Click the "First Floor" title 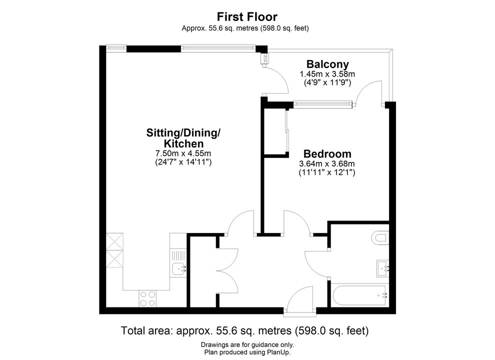(x=247, y=16)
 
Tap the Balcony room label (x=327, y=64)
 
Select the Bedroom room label (x=327, y=154)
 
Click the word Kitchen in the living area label (x=183, y=143)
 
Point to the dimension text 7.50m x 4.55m (x=183, y=153)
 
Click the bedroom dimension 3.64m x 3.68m (x=327, y=164)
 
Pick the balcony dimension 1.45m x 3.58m (x=327, y=74)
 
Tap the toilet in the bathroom (x=380, y=238)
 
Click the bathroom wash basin (x=382, y=268)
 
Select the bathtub (x=359, y=295)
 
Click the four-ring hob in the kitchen (x=147, y=298)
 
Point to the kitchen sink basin (x=178, y=269)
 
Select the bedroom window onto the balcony (x=322, y=104)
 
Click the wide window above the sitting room (x=218, y=47)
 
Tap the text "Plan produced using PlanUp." (x=247, y=352)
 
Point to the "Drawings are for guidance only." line (x=247, y=345)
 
